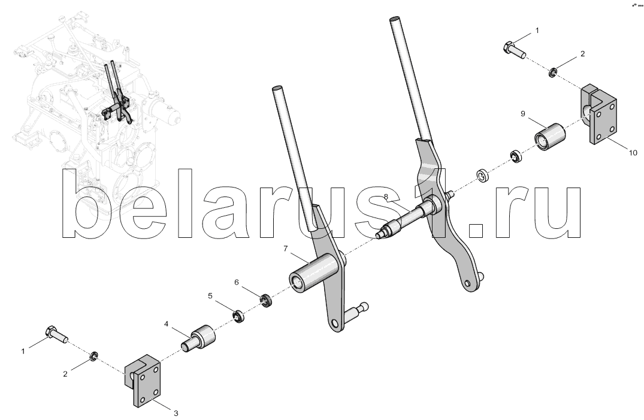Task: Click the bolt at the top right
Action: [x=514, y=49]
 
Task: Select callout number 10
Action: [x=633, y=153]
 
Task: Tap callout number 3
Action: [x=176, y=413]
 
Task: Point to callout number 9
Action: [x=523, y=113]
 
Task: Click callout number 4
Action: [x=167, y=324]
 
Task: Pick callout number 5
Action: [x=210, y=295]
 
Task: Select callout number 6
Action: [x=237, y=282]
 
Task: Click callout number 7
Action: [x=285, y=249]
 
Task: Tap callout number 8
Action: [x=386, y=197]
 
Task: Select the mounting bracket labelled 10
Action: [x=598, y=114]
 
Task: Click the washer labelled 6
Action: [x=267, y=301]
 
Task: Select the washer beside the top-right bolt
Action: [x=553, y=72]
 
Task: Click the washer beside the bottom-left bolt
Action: [x=93, y=355]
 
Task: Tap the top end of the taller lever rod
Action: [x=394, y=19]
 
